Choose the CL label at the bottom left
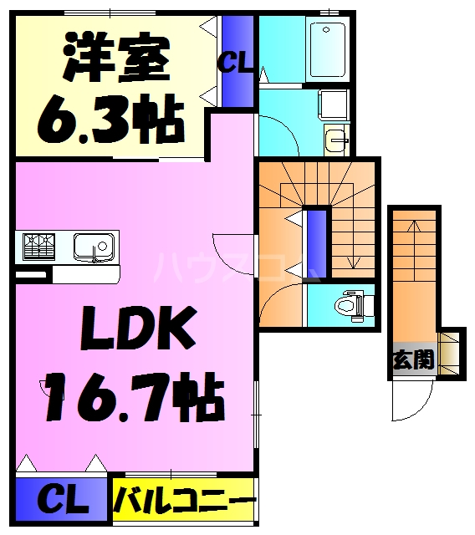point(62,502)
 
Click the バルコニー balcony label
point(183,502)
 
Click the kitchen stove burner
point(38,246)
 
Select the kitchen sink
point(93,247)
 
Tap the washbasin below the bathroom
point(337,140)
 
